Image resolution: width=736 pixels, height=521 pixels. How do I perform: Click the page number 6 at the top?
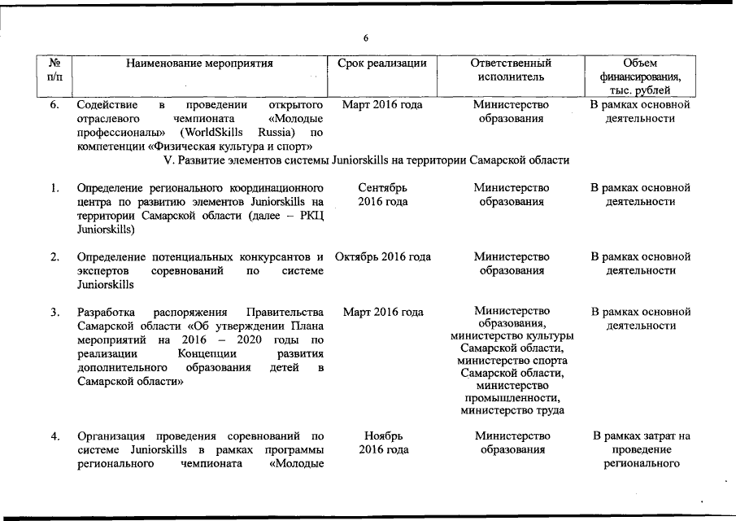click(367, 38)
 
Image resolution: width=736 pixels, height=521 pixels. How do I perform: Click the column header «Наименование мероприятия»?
click(199, 63)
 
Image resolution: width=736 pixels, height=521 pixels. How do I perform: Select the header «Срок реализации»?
click(382, 63)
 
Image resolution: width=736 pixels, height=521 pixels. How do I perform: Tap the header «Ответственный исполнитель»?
click(512, 70)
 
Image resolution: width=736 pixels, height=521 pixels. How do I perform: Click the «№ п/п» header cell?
click(55, 70)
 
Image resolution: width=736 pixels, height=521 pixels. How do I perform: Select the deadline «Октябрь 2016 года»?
click(382, 257)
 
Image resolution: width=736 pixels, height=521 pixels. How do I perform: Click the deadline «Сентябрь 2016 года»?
click(382, 195)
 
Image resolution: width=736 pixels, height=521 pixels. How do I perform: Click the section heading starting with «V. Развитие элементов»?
click(366, 160)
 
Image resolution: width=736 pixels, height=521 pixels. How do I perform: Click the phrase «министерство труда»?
click(512, 410)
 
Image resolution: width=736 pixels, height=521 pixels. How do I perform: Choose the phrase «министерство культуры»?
click(512, 336)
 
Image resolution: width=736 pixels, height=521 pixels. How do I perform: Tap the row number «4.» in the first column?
click(55, 436)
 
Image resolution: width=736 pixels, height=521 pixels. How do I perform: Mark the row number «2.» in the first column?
click(55, 257)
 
